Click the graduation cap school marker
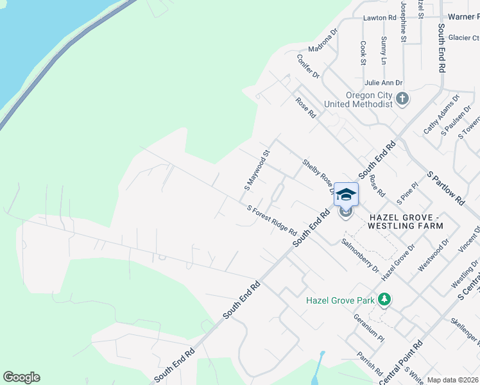click(x=346, y=194)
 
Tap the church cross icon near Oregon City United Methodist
click(x=402, y=99)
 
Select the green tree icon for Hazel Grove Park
click(x=384, y=300)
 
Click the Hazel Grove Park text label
click(x=339, y=300)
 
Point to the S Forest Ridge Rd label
click(x=272, y=220)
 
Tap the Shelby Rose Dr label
click(x=319, y=176)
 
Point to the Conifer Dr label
click(x=308, y=66)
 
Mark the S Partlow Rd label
click(x=445, y=188)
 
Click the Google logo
click(x=21, y=377)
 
